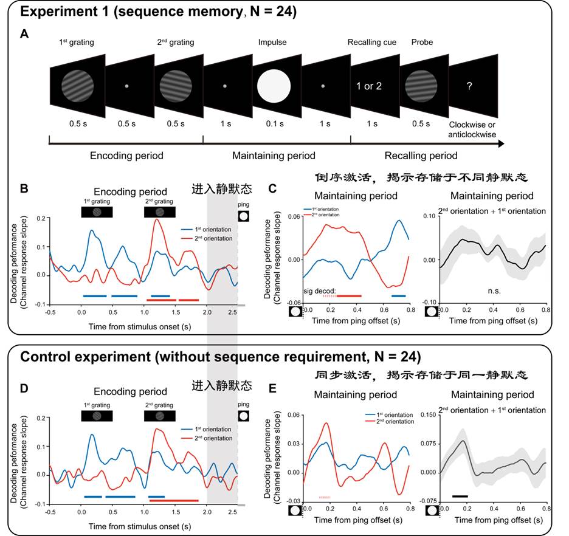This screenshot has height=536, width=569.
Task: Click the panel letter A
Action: tap(24, 34)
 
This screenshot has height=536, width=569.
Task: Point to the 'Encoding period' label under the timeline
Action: tap(126, 156)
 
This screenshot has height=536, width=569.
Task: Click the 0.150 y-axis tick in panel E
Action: tap(425, 414)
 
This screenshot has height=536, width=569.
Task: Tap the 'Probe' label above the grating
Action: tap(422, 42)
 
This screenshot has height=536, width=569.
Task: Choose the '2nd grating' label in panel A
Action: tap(176, 42)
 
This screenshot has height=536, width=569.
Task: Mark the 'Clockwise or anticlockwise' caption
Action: tap(472, 129)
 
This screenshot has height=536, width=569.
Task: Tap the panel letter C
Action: tap(273, 188)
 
